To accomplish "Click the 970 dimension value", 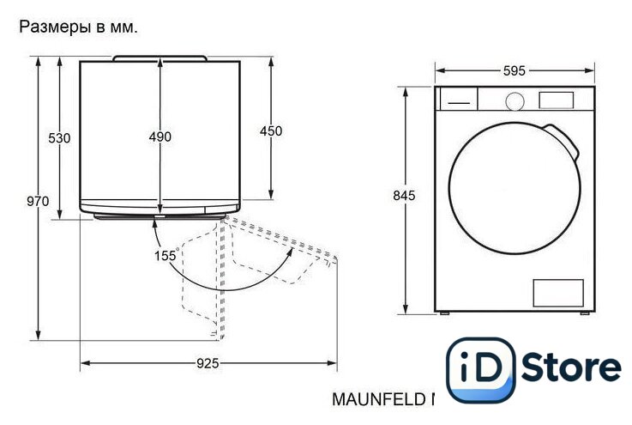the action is (x=38, y=201).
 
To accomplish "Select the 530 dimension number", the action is (x=59, y=138).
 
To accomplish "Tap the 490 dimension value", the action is (x=160, y=137).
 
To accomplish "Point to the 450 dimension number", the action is (x=271, y=131).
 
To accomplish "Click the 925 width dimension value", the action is (x=208, y=363).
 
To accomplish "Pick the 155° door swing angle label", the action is (x=166, y=255).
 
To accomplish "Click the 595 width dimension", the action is (x=515, y=71).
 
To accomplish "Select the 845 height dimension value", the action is (x=404, y=196).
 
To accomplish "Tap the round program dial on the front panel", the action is (x=515, y=101).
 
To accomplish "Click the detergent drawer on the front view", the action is (x=459, y=99).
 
